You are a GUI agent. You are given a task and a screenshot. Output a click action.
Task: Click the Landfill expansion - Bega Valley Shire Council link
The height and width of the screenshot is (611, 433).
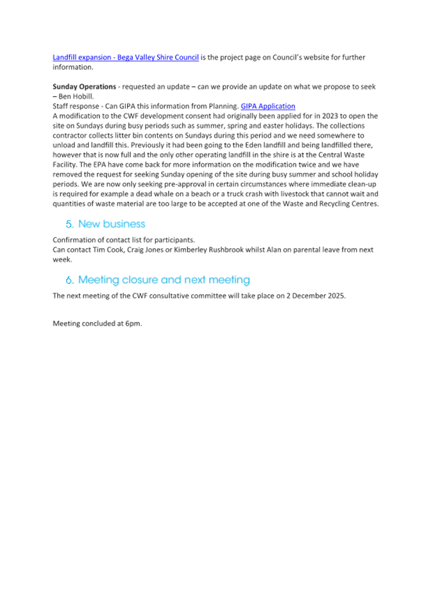pos(126,57)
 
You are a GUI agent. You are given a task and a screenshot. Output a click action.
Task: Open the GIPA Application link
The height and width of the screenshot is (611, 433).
pos(268,106)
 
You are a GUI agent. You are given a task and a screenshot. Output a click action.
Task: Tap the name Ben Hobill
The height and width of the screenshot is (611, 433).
pos(76,96)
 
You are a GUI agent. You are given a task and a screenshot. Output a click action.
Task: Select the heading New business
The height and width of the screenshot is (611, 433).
pos(112,224)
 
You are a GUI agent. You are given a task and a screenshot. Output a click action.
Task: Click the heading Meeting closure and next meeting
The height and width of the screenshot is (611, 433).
pos(164,280)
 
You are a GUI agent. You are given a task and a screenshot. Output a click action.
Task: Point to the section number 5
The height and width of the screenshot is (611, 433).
pos(69,224)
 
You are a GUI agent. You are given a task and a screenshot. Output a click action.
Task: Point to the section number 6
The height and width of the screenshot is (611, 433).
pos(69,280)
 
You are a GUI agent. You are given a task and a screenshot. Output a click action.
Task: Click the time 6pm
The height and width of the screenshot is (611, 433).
pos(133,324)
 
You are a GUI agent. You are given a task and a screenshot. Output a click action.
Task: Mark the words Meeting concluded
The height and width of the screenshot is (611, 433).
pos(83,324)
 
